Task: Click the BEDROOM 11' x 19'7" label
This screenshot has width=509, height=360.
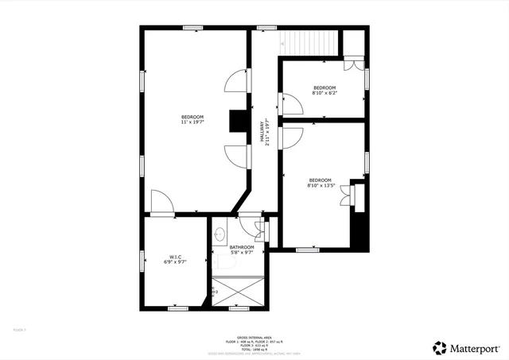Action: click(192, 120)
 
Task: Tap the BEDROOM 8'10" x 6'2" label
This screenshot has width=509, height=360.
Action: click(324, 91)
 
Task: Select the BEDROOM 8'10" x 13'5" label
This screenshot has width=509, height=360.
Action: click(321, 183)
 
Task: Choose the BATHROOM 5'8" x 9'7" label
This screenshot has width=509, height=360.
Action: click(242, 250)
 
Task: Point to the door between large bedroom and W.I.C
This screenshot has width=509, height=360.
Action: click(162, 203)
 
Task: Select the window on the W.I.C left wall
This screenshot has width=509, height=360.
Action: click(142, 261)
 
